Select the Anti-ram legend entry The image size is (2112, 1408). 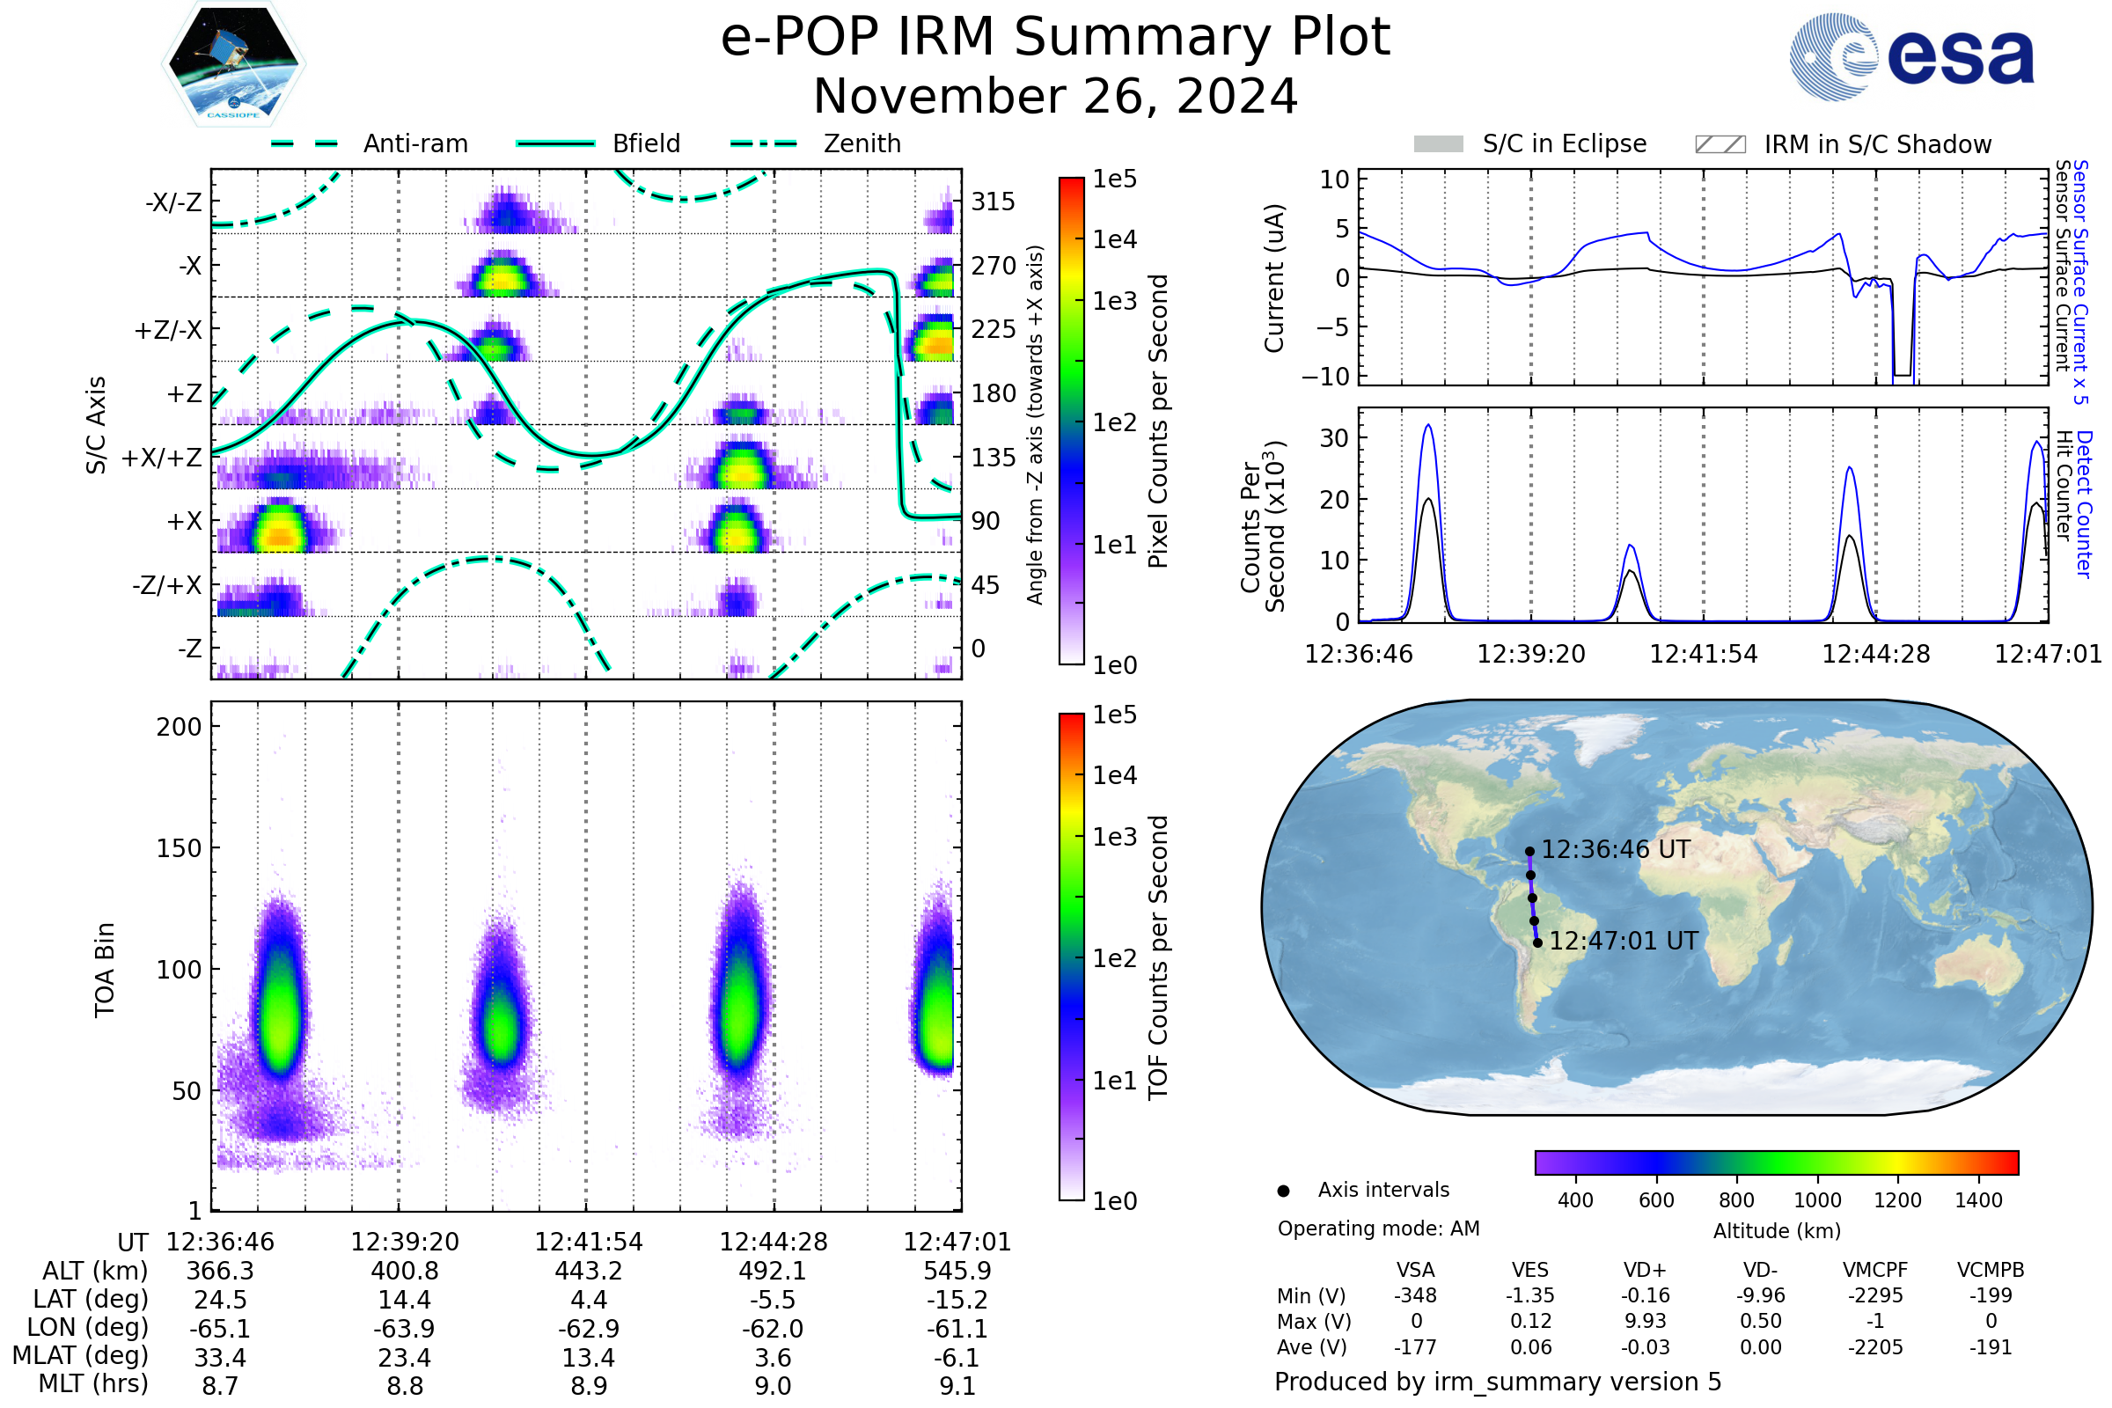(370, 143)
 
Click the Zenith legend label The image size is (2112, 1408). (862, 143)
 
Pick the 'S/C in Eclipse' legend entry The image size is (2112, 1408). (1530, 144)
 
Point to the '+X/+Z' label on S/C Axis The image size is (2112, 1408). (162, 458)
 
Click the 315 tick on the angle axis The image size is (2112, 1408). (993, 202)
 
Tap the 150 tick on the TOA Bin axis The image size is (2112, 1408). (179, 848)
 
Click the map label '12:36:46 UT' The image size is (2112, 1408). (1616, 849)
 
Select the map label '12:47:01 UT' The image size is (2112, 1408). (1624, 941)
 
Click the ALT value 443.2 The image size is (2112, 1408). (588, 1272)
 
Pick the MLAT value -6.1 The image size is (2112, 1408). (957, 1358)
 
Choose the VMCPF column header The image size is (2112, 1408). (1875, 1270)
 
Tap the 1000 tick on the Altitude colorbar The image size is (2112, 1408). (1816, 1200)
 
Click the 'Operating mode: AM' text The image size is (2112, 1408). (1378, 1228)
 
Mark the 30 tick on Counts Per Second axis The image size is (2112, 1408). (1334, 438)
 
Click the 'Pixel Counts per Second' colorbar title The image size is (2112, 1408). (1158, 422)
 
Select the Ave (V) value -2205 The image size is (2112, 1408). (1875, 1347)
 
